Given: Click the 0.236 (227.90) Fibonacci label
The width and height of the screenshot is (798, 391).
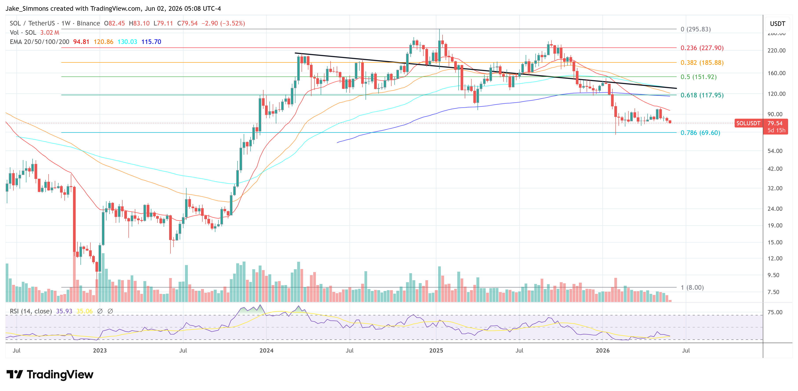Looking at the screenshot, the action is pyautogui.click(x=702, y=48).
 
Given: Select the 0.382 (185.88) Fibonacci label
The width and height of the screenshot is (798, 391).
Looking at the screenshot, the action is pyautogui.click(x=702, y=63).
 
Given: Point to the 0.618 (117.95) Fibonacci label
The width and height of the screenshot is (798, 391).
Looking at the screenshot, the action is pyautogui.click(x=702, y=95).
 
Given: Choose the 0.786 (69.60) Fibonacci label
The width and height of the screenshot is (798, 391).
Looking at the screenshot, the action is pyautogui.click(x=700, y=133).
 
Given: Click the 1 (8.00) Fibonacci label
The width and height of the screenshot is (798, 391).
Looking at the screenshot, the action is pyautogui.click(x=692, y=288).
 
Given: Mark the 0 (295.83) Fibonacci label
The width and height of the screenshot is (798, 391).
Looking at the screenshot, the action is pyautogui.click(x=696, y=29).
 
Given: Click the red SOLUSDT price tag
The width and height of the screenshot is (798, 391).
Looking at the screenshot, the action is pyautogui.click(x=748, y=123).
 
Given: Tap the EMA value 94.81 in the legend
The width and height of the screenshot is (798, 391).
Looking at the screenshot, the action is pyautogui.click(x=81, y=42).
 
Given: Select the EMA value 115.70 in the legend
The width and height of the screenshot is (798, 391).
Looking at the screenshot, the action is pyautogui.click(x=151, y=42).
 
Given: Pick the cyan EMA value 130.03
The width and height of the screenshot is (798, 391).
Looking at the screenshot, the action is pyautogui.click(x=127, y=42).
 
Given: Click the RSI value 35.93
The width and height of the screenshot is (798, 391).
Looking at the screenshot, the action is pyautogui.click(x=64, y=311).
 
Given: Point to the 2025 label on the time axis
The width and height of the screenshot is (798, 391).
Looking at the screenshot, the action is pyautogui.click(x=436, y=350).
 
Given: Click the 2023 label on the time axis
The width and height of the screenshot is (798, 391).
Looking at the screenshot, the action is pyautogui.click(x=100, y=350).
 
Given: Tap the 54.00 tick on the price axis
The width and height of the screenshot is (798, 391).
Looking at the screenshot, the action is pyautogui.click(x=775, y=151).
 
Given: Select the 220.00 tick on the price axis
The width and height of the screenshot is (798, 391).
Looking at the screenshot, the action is pyautogui.click(x=776, y=51).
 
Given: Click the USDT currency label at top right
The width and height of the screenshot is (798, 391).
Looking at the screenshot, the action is pyautogui.click(x=778, y=24).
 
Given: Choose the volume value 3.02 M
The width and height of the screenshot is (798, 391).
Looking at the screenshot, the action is pyautogui.click(x=49, y=33).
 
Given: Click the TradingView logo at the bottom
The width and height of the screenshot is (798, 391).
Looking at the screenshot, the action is pyautogui.click(x=50, y=375).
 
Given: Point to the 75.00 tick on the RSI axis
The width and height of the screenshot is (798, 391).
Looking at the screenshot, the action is pyautogui.click(x=775, y=312).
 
